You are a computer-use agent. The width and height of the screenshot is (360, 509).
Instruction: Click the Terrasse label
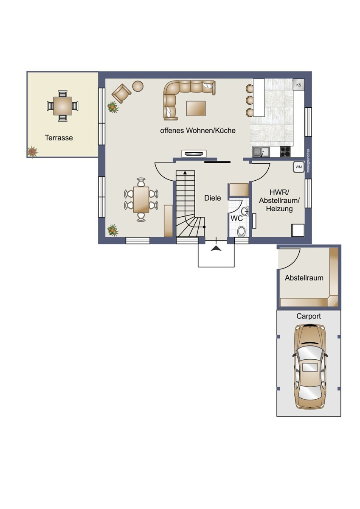tap(59, 138)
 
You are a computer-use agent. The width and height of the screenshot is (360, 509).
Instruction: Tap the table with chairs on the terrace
tap(62, 106)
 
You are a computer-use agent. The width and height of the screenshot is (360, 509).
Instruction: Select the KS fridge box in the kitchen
tap(298, 85)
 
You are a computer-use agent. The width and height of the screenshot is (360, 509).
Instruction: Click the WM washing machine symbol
tap(298, 167)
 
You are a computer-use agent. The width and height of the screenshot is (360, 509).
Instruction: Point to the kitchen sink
tap(261, 151)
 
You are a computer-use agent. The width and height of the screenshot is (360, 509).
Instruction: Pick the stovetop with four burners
tap(285, 151)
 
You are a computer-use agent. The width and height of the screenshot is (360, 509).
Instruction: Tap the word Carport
tap(309, 316)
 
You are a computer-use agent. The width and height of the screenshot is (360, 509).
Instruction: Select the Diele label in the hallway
tap(212, 198)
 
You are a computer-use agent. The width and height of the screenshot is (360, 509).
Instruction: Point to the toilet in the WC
tap(242, 231)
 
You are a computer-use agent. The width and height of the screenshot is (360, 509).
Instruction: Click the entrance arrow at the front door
tap(216, 248)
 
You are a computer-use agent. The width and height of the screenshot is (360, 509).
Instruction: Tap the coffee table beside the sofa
tap(196, 108)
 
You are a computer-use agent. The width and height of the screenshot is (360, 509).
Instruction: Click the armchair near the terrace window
tap(122, 93)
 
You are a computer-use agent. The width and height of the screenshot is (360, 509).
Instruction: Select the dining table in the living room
tap(141, 199)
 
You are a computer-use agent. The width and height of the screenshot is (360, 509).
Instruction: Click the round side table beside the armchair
tap(138, 86)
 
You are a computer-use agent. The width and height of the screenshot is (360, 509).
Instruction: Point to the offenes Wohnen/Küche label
tap(197, 131)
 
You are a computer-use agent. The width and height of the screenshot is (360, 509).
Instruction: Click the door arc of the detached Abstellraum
tap(291, 258)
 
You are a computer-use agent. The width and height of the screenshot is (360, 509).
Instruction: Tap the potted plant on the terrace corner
tap(32, 151)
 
